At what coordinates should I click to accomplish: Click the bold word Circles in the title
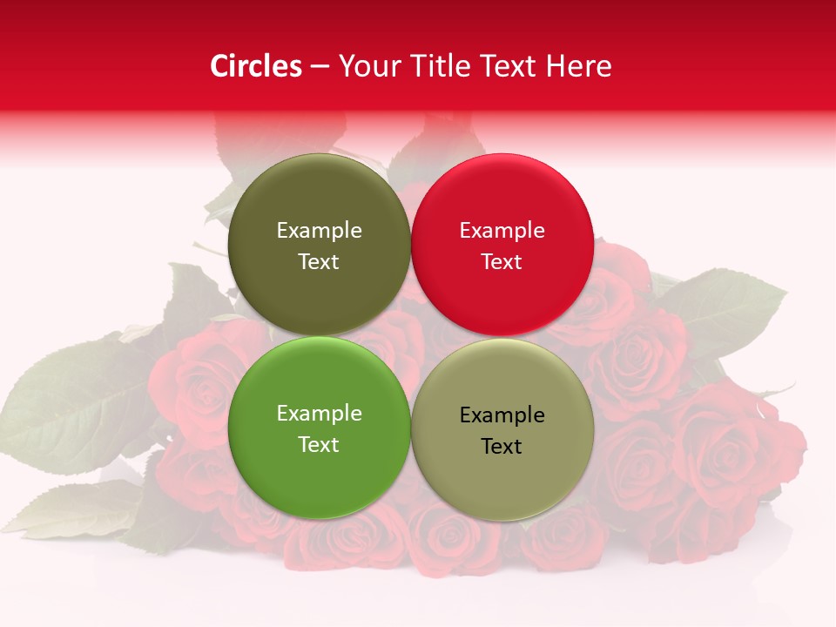(x=256, y=66)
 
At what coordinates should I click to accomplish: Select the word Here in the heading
(x=578, y=66)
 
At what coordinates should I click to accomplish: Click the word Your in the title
(x=367, y=66)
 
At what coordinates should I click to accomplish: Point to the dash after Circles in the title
(x=320, y=67)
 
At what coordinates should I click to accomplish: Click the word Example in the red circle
(x=502, y=231)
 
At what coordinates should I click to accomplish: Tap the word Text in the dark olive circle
(x=319, y=262)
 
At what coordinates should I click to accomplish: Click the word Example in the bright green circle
(x=319, y=414)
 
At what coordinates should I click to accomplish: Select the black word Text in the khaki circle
(x=502, y=447)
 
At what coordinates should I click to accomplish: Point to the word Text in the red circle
(x=502, y=262)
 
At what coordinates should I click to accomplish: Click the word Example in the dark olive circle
(x=319, y=231)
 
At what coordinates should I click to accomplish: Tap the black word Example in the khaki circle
(x=502, y=415)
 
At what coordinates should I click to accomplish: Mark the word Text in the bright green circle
(x=319, y=445)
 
